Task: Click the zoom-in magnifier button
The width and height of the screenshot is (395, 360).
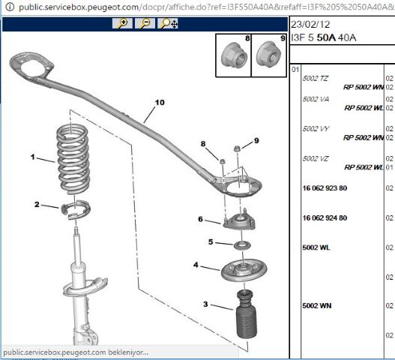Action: [122, 23]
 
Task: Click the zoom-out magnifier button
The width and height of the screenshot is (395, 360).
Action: [145, 23]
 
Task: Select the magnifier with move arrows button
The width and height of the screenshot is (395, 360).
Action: [168, 23]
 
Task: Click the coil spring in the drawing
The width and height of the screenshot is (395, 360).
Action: [73, 159]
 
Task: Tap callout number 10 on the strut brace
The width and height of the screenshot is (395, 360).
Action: [160, 102]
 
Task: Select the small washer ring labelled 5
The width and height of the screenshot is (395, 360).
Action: [242, 245]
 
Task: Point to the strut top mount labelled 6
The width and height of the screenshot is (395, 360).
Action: [239, 220]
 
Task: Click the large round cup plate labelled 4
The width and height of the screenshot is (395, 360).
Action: [244, 271]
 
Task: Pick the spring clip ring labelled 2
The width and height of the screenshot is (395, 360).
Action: [76, 208]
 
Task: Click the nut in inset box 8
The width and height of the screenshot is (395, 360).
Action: [234, 56]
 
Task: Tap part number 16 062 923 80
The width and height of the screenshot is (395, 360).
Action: [325, 188]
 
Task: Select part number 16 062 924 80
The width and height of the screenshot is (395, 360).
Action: [325, 217]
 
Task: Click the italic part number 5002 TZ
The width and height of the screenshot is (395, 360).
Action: [316, 79]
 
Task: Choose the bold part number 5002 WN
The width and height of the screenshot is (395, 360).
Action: [317, 306]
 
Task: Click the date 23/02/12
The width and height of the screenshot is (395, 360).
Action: [310, 24]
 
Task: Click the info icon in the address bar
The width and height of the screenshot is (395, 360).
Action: [10, 7]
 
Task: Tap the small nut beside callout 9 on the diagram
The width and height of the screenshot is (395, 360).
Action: [237, 148]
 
